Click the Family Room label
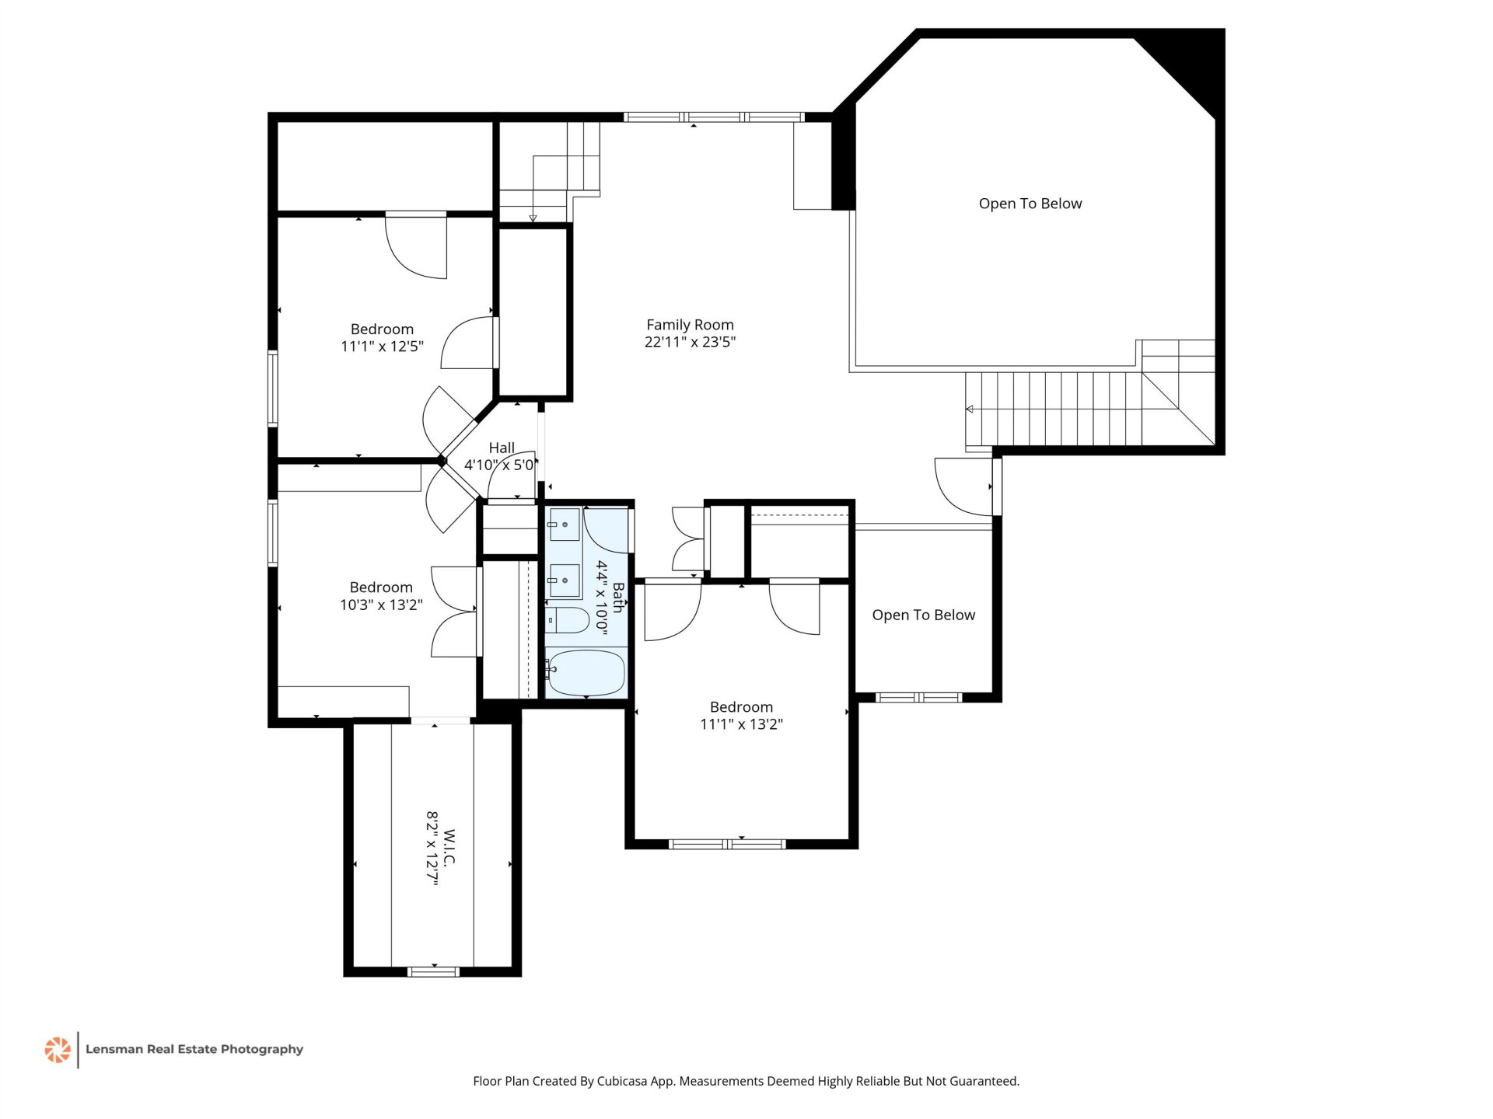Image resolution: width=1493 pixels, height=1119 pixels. [x=690, y=325]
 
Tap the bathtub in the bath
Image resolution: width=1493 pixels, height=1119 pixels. [x=586, y=673]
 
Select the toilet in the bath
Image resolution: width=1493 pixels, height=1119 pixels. [x=567, y=620]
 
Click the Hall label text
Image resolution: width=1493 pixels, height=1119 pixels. [x=502, y=448]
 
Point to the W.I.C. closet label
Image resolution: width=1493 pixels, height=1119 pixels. [x=449, y=849]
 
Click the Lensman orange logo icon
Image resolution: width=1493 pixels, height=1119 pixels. [x=58, y=1050]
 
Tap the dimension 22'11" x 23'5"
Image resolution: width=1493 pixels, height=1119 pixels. [x=690, y=342]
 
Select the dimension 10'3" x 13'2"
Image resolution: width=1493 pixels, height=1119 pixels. [x=381, y=605]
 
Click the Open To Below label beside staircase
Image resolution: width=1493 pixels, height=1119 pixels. [x=1030, y=204]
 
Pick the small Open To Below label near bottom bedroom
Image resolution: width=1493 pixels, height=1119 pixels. [x=923, y=615]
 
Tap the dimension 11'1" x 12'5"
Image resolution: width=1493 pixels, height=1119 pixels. [x=382, y=347]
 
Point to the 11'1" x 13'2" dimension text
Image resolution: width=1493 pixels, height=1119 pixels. [x=741, y=724]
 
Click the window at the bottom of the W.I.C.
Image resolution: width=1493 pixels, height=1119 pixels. [x=434, y=971]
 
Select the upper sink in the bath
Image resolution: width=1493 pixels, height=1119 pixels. [x=565, y=525]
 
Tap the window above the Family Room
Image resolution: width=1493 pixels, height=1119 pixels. [x=714, y=117]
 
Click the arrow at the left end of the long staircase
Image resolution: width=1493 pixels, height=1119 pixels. [x=969, y=409]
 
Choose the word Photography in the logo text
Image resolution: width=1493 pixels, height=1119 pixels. [x=262, y=1050]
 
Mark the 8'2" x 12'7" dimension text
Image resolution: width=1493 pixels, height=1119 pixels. [x=432, y=849]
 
